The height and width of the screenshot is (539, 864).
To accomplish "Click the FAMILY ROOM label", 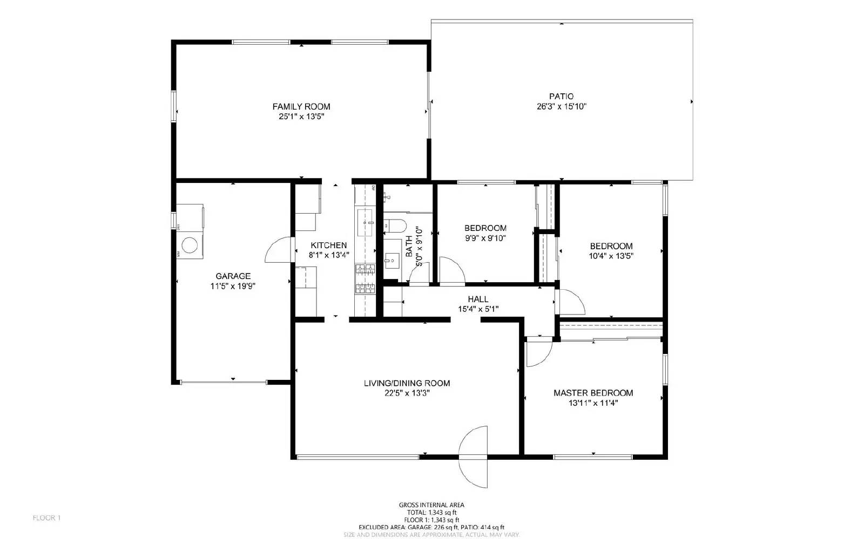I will (x=301, y=106).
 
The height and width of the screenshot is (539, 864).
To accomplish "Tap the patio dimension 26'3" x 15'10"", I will (x=558, y=107).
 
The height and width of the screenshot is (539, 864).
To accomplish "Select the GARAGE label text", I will (x=233, y=276).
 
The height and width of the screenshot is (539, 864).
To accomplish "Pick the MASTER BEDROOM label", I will (x=593, y=393).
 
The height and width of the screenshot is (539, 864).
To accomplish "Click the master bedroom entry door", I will (x=538, y=352).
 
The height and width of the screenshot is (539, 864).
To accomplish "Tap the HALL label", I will (x=478, y=299).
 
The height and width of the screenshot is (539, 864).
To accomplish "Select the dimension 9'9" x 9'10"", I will (x=485, y=238).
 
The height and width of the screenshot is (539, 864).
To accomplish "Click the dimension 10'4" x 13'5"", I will (x=611, y=256).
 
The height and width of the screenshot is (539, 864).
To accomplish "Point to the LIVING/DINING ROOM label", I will (x=406, y=383).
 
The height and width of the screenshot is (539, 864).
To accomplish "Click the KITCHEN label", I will (x=328, y=245).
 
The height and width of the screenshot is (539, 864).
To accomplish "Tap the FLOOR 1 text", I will (x=46, y=518).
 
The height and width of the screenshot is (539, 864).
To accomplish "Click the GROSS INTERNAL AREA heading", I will (x=431, y=505).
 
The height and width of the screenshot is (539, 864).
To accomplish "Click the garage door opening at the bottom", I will (x=223, y=383).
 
